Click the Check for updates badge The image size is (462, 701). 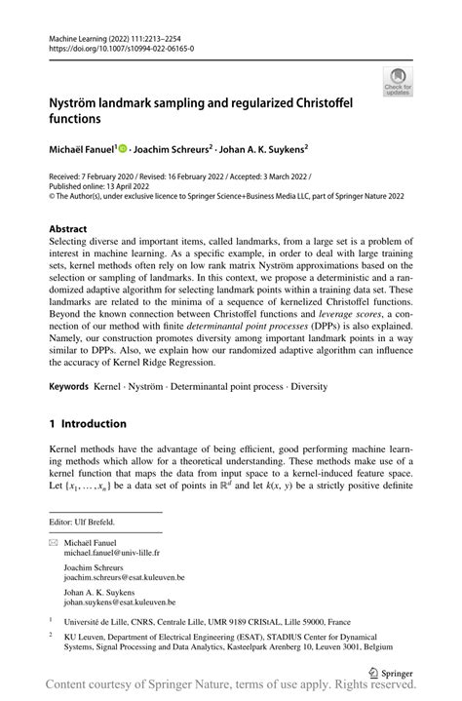tap(397, 81)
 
